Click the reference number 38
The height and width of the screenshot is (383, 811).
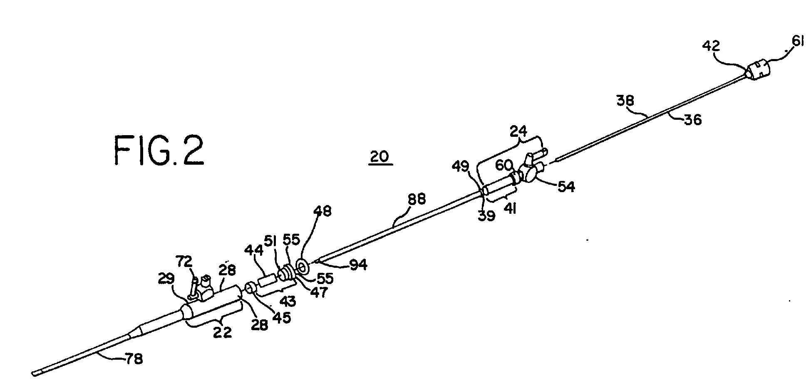click(625, 101)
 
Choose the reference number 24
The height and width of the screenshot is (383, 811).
click(518, 133)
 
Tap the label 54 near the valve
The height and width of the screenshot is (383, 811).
click(566, 187)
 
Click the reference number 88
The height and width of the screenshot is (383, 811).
click(416, 200)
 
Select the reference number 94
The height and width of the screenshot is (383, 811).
click(358, 264)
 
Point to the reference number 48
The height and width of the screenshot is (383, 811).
click(322, 212)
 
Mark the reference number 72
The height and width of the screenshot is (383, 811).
click(184, 262)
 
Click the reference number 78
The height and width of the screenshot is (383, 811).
click(134, 358)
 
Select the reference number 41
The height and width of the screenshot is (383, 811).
click(510, 210)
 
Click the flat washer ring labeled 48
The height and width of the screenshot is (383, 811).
click(303, 265)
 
